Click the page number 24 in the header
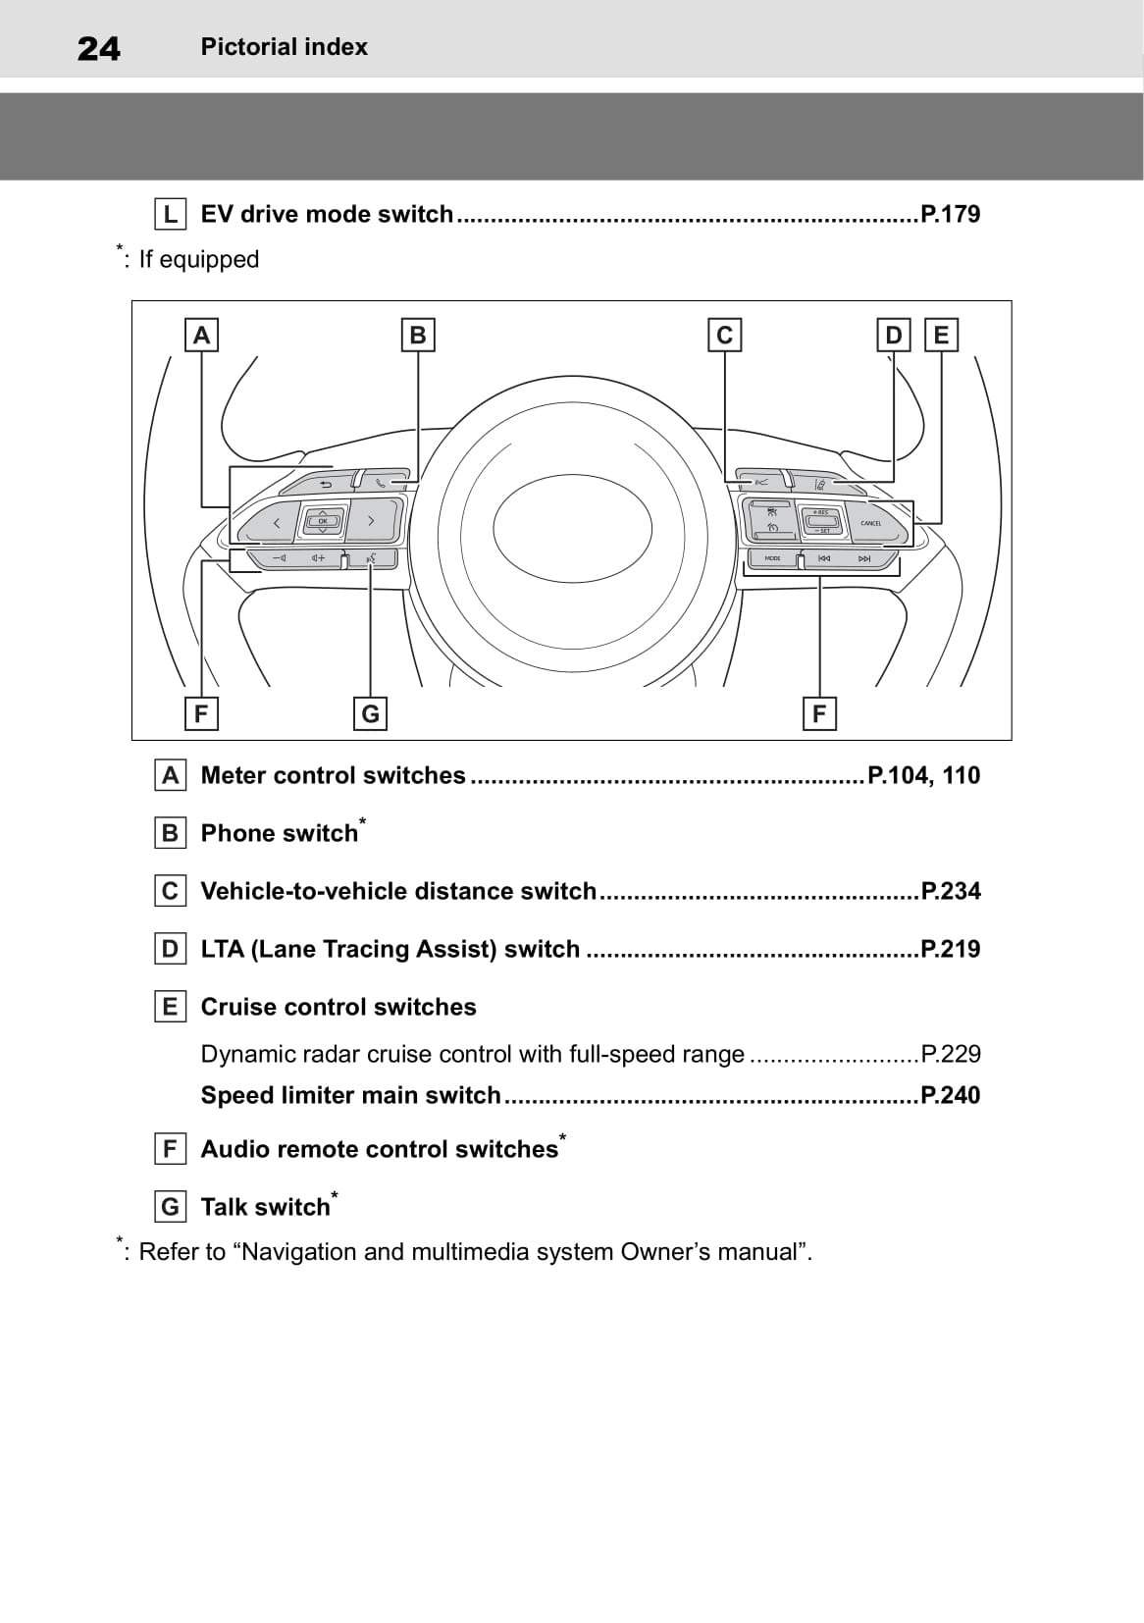coord(98,48)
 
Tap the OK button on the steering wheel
coord(323,521)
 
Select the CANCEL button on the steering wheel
coord(871,523)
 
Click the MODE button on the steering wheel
coord(772,558)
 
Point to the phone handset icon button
coord(380,483)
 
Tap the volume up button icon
coord(318,558)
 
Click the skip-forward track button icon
coord(864,558)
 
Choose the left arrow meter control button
coord(276,522)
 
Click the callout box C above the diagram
coord(724,335)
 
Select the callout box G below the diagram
coord(370,713)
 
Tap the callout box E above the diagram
coord(941,335)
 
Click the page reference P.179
coord(950,215)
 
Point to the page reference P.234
coord(950,891)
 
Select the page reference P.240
coord(950,1095)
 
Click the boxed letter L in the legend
coord(171,215)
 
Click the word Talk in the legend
coord(226,1207)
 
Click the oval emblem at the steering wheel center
coord(572,529)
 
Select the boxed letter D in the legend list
coord(171,949)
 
